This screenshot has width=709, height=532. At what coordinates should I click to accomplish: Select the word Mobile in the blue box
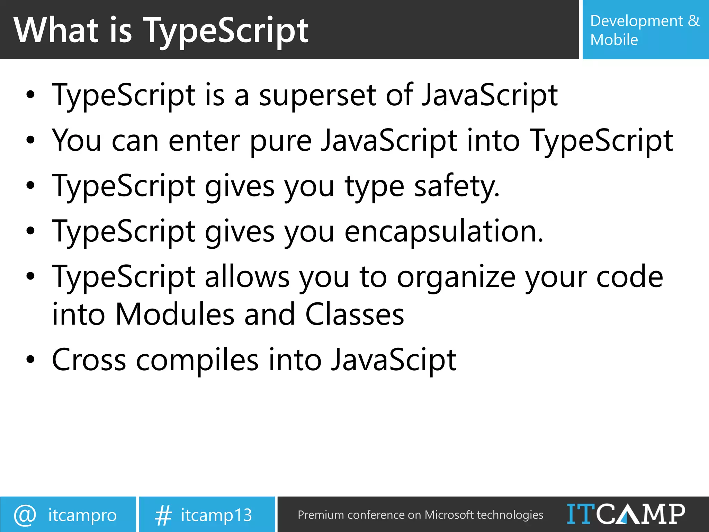pyautogui.click(x=614, y=40)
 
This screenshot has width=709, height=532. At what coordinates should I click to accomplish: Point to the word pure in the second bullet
pyautogui.click(x=280, y=141)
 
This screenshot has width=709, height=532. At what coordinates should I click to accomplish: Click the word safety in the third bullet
pyautogui.click(x=457, y=187)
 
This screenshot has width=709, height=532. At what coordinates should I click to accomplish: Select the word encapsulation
pyautogui.click(x=443, y=231)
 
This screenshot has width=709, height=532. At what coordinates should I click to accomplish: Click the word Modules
pyautogui.click(x=175, y=314)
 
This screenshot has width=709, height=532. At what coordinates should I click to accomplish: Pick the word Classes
pyautogui.click(x=354, y=314)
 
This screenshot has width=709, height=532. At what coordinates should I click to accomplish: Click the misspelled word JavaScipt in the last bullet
pyautogui.click(x=393, y=360)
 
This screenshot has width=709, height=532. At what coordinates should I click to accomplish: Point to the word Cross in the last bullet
pyautogui.click(x=89, y=360)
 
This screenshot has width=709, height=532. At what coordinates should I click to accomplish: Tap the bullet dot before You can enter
pyautogui.click(x=30, y=141)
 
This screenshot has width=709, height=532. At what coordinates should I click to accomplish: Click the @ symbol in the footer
pyautogui.click(x=25, y=515)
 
